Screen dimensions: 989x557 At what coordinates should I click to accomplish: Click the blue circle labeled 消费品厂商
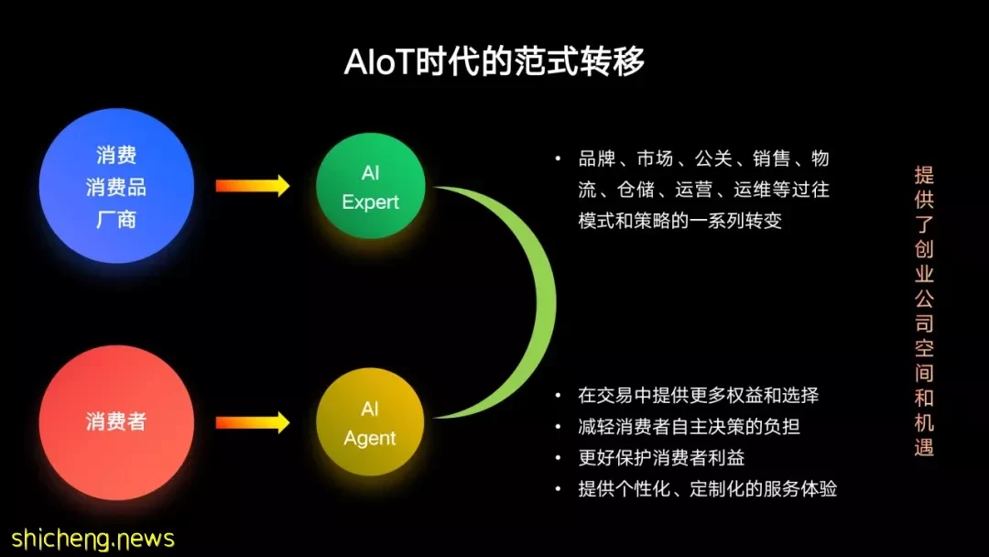(x=116, y=186)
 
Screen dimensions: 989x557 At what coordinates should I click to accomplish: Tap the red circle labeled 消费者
(x=116, y=422)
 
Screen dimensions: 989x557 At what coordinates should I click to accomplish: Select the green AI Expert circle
(x=370, y=186)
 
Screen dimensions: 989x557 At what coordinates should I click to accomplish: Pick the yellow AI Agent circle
(x=370, y=422)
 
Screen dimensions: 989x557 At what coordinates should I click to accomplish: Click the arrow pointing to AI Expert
(x=253, y=186)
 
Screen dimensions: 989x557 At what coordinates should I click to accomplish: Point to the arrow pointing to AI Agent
(x=253, y=422)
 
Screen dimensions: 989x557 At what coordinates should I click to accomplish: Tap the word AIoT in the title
(x=378, y=61)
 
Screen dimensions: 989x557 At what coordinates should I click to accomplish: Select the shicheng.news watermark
(x=92, y=540)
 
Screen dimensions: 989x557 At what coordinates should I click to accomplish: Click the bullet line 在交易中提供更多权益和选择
(x=698, y=396)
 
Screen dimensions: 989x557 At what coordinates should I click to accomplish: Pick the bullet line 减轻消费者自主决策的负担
(x=689, y=426)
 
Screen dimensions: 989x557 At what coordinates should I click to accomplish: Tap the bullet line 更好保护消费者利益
(x=661, y=457)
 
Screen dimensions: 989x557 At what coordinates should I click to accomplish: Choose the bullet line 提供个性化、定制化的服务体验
(x=707, y=489)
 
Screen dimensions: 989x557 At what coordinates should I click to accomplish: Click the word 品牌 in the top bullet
(x=597, y=158)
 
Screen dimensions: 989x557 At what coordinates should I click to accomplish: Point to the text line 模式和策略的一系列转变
(x=679, y=221)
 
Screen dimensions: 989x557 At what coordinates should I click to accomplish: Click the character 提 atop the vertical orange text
(x=924, y=175)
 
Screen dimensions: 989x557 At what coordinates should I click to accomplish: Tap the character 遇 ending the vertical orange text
(x=924, y=447)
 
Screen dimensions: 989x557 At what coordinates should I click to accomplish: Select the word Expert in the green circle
(x=370, y=202)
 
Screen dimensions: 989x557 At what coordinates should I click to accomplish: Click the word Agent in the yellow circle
(x=370, y=439)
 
